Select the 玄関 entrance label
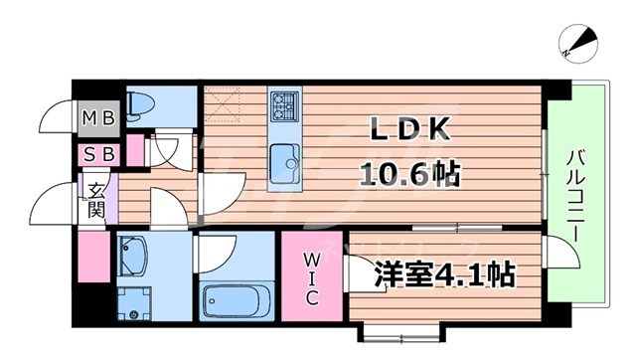click(96, 199)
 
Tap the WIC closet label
click(310, 278)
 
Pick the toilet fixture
click(142, 102)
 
